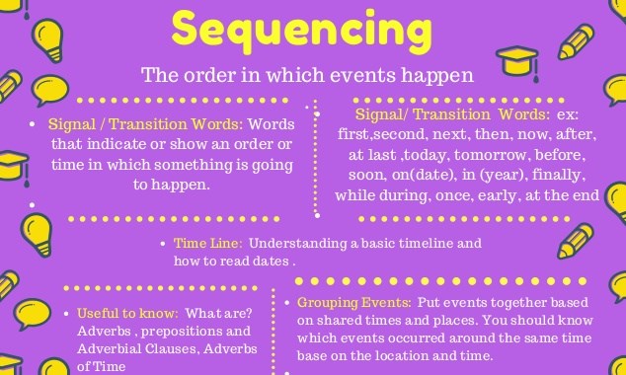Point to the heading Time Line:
click(x=201, y=244)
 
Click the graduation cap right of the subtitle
click(x=515, y=66)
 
